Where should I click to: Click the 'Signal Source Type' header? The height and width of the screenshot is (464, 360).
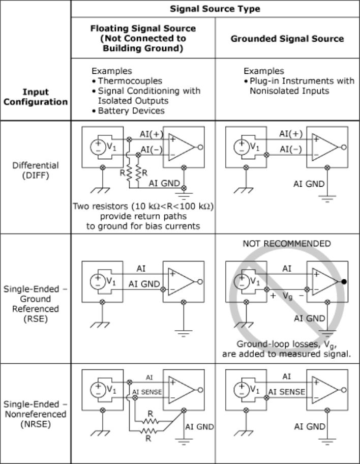click(x=215, y=9)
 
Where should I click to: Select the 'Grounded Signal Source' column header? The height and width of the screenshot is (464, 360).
click(x=287, y=39)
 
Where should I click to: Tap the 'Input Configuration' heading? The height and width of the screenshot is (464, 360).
click(x=36, y=97)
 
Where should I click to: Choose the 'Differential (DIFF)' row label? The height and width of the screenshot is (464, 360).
click(x=36, y=170)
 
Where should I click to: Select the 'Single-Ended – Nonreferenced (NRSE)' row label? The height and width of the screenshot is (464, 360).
click(x=36, y=414)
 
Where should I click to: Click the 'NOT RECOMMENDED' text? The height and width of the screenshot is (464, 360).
click(x=287, y=244)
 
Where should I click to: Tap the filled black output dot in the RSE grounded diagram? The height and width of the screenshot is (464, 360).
click(x=344, y=282)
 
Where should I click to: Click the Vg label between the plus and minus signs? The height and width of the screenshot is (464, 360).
click(x=287, y=296)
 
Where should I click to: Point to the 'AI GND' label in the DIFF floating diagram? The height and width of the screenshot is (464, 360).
click(x=164, y=184)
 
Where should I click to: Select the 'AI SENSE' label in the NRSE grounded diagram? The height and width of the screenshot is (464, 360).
click(x=286, y=392)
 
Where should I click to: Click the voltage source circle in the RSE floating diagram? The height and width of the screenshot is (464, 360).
click(x=98, y=281)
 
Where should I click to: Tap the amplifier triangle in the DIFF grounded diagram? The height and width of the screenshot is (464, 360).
click(x=325, y=147)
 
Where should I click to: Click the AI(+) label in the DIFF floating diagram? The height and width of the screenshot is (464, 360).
click(x=152, y=134)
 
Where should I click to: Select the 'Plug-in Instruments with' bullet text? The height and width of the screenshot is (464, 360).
click(x=302, y=81)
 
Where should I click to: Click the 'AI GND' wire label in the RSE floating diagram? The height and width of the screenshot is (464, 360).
click(x=144, y=284)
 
